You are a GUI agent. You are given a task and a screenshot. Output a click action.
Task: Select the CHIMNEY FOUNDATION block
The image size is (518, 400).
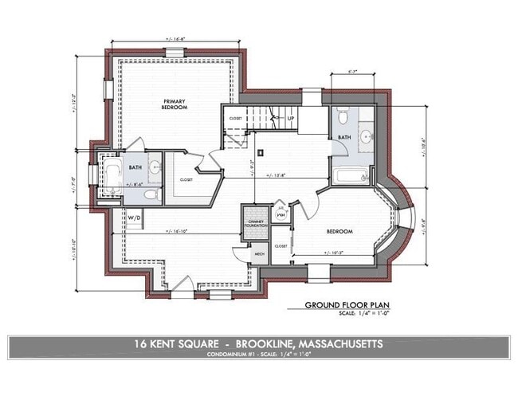[x=255, y=222]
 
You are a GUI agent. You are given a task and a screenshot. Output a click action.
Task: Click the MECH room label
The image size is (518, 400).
[x=259, y=253]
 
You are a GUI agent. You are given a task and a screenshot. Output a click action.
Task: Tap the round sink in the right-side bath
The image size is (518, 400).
[x=366, y=136]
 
